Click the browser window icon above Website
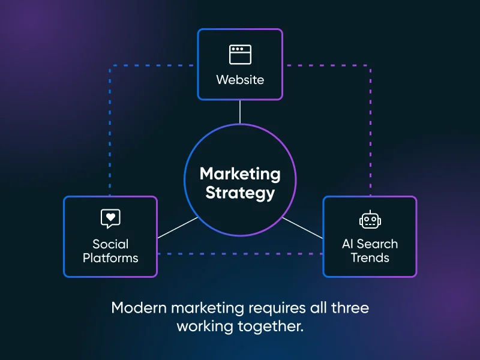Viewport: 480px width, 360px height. click(240, 54)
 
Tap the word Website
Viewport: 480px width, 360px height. click(240, 79)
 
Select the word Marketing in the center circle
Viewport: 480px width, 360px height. click(240, 174)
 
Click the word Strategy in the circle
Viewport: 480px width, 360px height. click(240, 193)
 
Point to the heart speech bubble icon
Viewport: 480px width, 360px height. click(110, 218)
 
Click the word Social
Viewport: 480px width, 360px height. click(110, 244)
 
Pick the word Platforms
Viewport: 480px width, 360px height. click(110, 258)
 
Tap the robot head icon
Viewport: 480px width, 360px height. click(370, 220)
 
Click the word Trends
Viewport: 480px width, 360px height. click(370, 258)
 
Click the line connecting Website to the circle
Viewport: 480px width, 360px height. click(240, 112)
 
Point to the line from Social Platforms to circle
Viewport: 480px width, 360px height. click(178, 227)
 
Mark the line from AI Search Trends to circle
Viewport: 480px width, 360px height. click(302, 227)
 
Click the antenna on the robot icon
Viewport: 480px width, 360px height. click(370, 212)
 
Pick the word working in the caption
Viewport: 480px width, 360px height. click(203, 326)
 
